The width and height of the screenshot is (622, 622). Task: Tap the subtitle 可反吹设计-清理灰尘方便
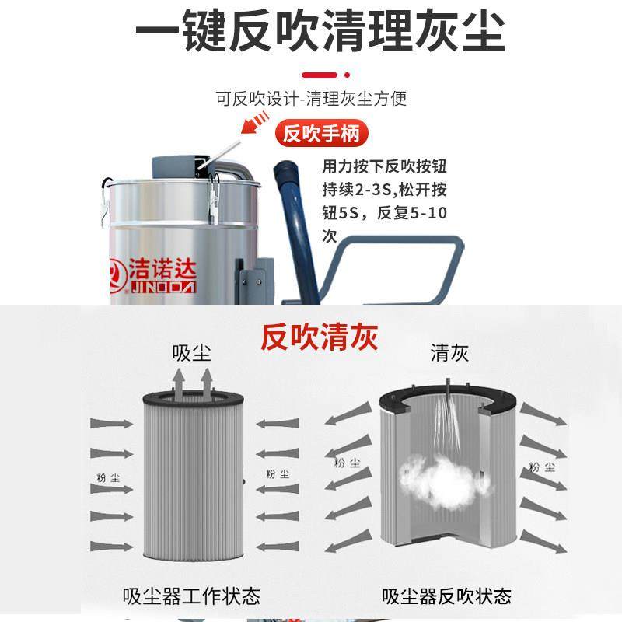[311, 99]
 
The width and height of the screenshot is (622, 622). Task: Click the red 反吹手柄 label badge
[321, 134]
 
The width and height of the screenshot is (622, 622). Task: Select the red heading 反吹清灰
[319, 338]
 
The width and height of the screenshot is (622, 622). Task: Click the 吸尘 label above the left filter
[192, 354]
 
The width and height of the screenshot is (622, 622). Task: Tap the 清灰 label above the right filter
[449, 354]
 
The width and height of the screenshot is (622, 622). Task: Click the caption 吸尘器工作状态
[191, 596]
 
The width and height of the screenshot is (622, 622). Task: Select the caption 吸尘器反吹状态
[446, 596]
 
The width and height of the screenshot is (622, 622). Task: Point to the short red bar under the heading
[319, 75]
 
